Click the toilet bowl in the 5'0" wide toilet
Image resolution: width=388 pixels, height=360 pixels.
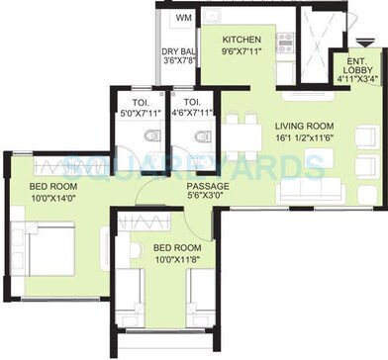point(150,136)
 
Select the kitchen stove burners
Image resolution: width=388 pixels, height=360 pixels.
point(285,43)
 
